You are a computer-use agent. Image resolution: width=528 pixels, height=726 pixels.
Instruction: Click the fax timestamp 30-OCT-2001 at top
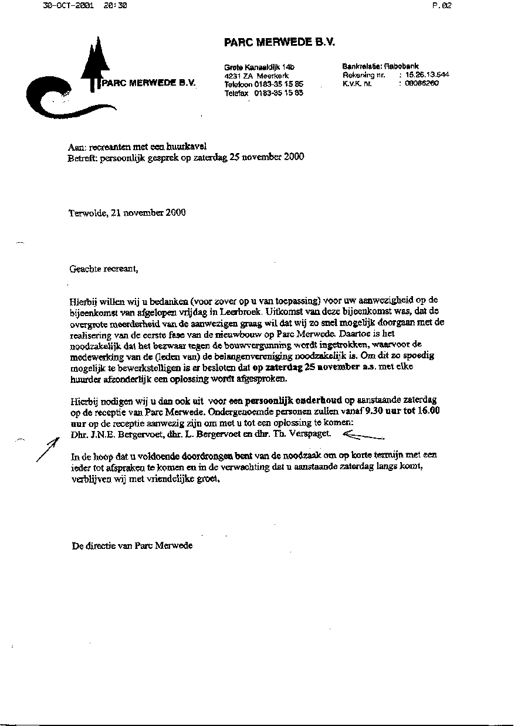[69, 5]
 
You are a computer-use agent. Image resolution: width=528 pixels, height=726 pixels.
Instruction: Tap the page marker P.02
[441, 5]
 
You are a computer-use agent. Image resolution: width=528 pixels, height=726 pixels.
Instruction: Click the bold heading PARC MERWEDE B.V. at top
[279, 42]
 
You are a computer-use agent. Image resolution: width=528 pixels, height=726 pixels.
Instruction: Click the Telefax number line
[263, 93]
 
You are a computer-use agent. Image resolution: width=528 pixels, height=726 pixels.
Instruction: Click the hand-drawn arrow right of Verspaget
[362, 435]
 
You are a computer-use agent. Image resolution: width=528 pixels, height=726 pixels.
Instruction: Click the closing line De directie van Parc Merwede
[132, 545]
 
